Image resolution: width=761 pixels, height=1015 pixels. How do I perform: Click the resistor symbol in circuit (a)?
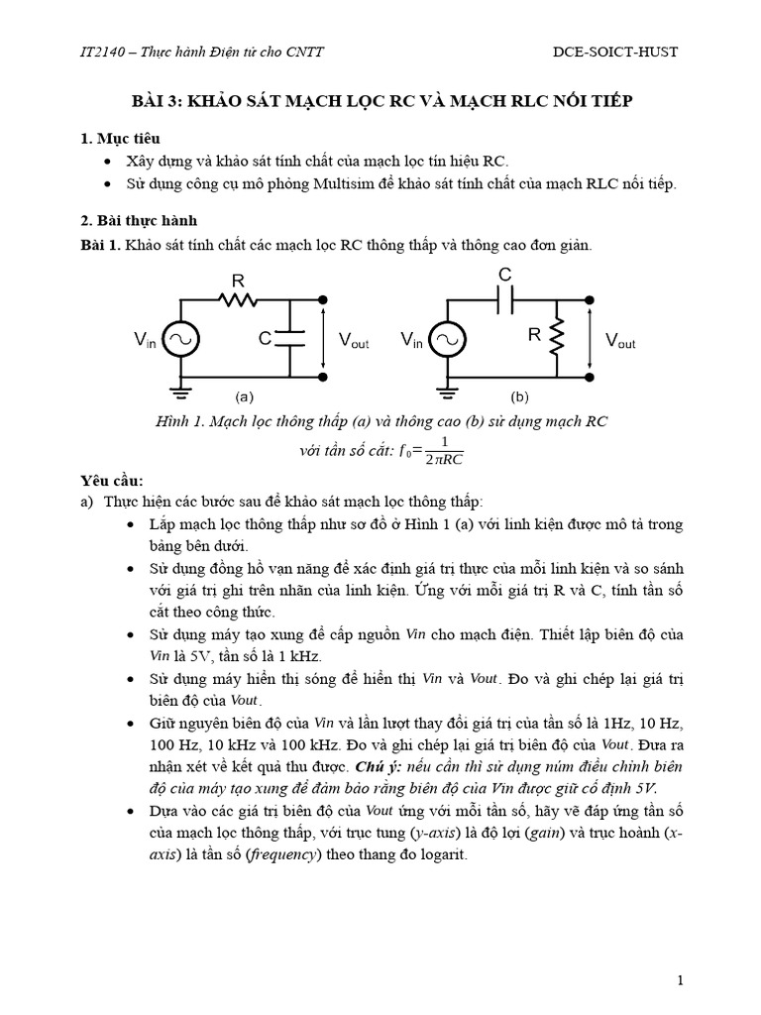point(238,299)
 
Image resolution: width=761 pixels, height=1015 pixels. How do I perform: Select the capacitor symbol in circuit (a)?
point(290,338)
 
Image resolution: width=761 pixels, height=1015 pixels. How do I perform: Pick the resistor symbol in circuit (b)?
point(557,337)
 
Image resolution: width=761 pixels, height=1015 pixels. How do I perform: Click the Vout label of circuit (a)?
point(354,341)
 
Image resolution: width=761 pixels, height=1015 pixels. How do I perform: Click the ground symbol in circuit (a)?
point(180,393)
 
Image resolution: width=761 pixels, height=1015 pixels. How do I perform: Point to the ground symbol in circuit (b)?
point(448,393)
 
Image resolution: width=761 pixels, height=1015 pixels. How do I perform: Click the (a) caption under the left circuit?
point(244,395)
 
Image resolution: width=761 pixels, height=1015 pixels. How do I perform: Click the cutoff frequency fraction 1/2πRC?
point(445,449)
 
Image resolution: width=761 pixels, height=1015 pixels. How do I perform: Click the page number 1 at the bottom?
point(681,981)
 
